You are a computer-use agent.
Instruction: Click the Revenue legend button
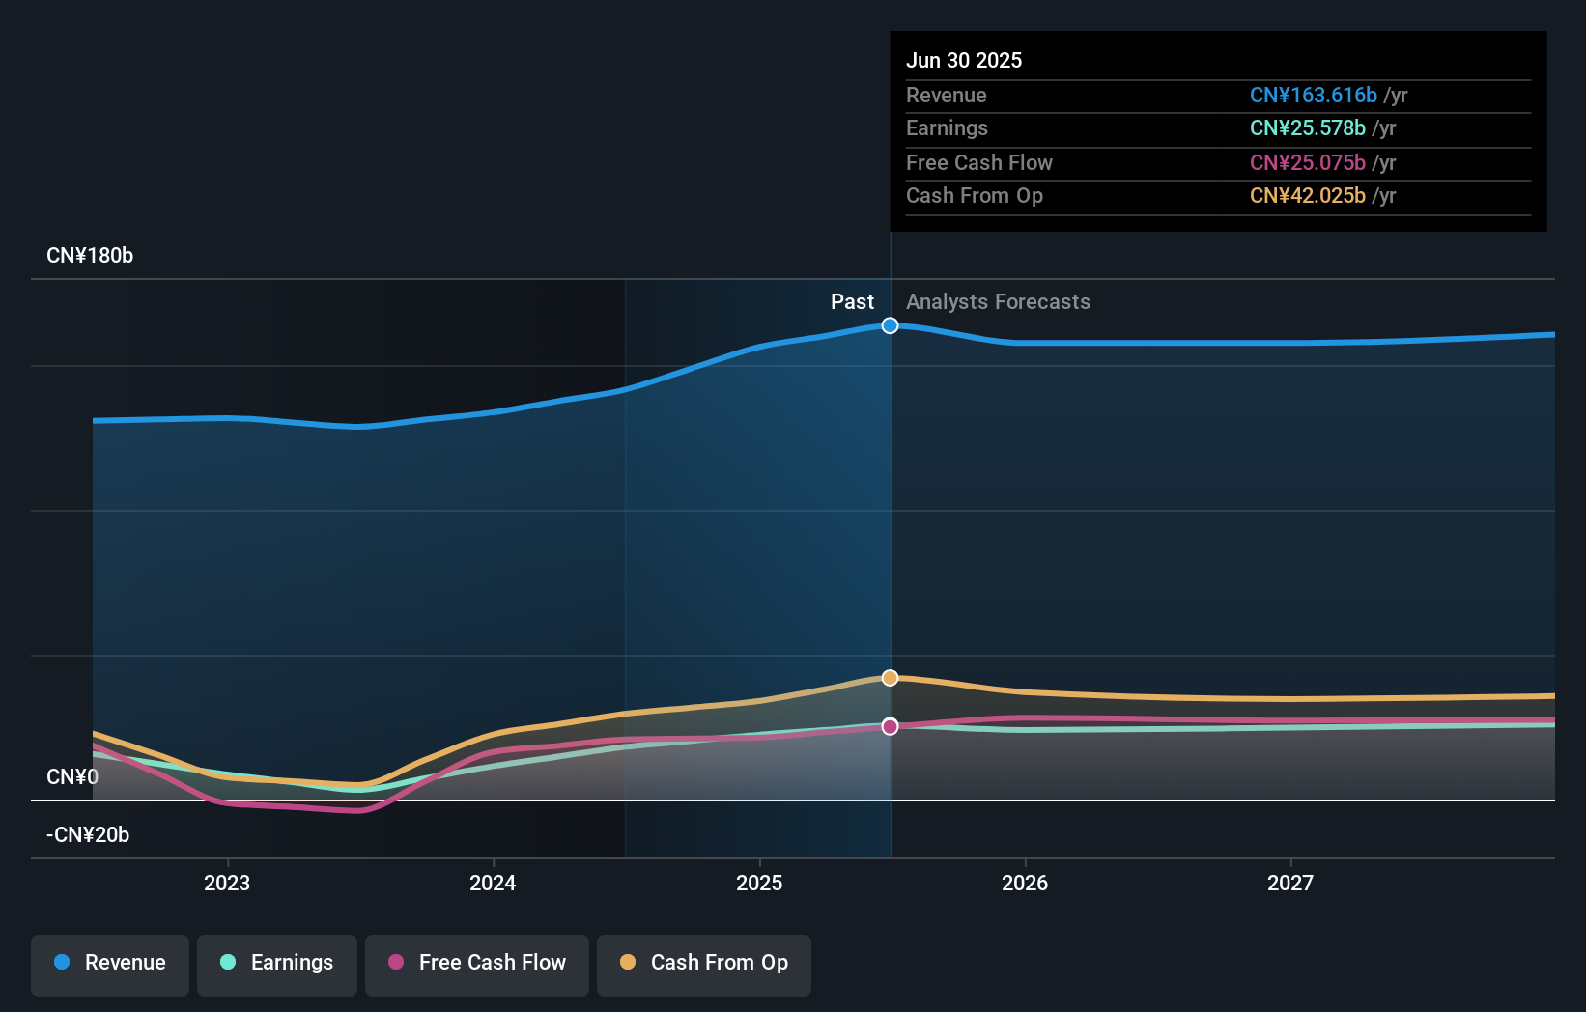(110, 964)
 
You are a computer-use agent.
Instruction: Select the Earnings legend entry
(277, 964)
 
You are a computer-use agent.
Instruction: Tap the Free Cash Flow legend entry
(477, 964)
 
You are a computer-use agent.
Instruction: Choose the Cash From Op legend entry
(704, 964)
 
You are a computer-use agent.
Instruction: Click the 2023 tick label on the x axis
(227, 884)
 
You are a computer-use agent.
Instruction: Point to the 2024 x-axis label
(493, 884)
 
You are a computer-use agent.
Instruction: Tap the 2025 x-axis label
(759, 884)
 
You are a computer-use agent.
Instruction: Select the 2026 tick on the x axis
(1025, 884)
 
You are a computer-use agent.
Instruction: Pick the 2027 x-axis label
(1290, 884)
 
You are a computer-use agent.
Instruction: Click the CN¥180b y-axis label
(90, 256)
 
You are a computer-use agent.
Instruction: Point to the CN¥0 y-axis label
(72, 777)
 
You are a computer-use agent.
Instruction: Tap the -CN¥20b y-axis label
(88, 835)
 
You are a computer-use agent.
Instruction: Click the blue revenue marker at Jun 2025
(891, 325)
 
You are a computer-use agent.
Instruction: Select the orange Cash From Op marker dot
(891, 678)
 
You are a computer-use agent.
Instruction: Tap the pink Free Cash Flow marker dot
(891, 726)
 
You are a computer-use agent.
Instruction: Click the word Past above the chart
(852, 302)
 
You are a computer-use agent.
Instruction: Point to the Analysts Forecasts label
(998, 302)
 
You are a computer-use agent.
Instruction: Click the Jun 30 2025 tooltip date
(964, 61)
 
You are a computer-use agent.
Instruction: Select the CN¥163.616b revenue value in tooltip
(1313, 96)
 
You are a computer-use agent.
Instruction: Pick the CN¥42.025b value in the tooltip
(1307, 196)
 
